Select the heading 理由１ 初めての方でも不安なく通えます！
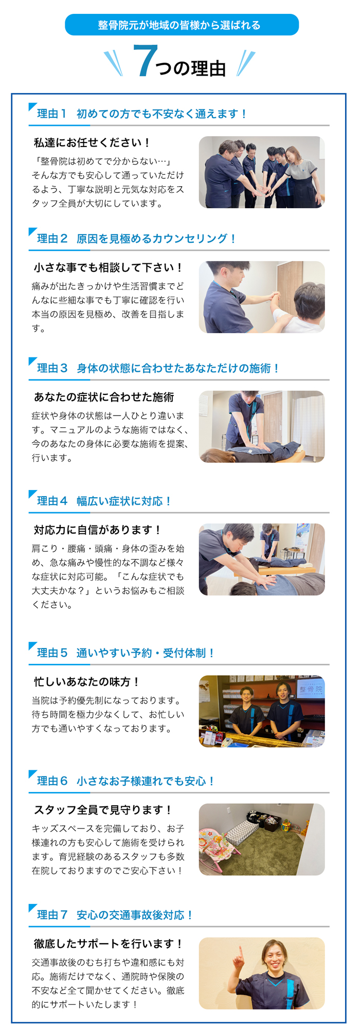(141, 114)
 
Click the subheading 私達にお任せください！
(92, 142)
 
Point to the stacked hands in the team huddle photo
(263, 189)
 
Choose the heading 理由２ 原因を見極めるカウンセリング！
(136, 239)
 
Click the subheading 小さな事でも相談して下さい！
(108, 267)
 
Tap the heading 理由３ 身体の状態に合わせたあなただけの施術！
(158, 368)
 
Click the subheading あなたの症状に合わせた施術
(104, 397)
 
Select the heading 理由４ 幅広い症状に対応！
(104, 501)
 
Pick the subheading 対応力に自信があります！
(98, 530)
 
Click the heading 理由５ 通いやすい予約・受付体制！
(125, 653)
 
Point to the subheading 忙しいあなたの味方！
(86, 681)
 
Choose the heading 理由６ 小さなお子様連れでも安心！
(125, 781)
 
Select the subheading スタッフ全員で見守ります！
(103, 809)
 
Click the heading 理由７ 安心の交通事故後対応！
(115, 915)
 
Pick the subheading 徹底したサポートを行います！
(108, 944)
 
